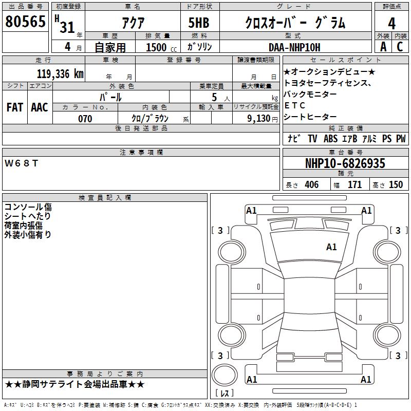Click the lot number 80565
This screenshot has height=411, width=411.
[25, 22]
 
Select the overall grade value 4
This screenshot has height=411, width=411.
[391, 23]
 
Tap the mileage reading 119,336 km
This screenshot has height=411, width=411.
[60, 74]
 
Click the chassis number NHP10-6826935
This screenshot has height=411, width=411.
[345, 163]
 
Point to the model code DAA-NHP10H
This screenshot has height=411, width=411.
[294, 47]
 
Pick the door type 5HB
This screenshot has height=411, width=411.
[199, 23]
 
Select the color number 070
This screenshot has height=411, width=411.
[85, 119]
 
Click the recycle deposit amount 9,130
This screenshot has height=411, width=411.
[259, 119]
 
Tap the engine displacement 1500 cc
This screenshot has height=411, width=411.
[161, 47]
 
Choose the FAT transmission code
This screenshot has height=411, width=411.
[15, 107]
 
